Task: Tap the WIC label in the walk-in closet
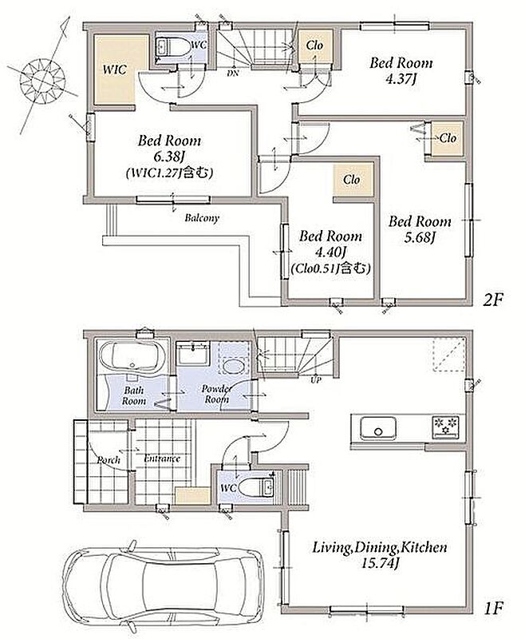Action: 114,69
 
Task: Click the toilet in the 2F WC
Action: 173,47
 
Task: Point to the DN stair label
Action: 233,73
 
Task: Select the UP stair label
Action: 316,380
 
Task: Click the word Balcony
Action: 202,217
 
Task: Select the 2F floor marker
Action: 493,300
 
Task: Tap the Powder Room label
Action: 216,394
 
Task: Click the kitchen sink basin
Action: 377,428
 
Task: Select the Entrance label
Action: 162,458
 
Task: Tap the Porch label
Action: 109,460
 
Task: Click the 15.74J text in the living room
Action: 380,564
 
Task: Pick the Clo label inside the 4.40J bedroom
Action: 352,179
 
